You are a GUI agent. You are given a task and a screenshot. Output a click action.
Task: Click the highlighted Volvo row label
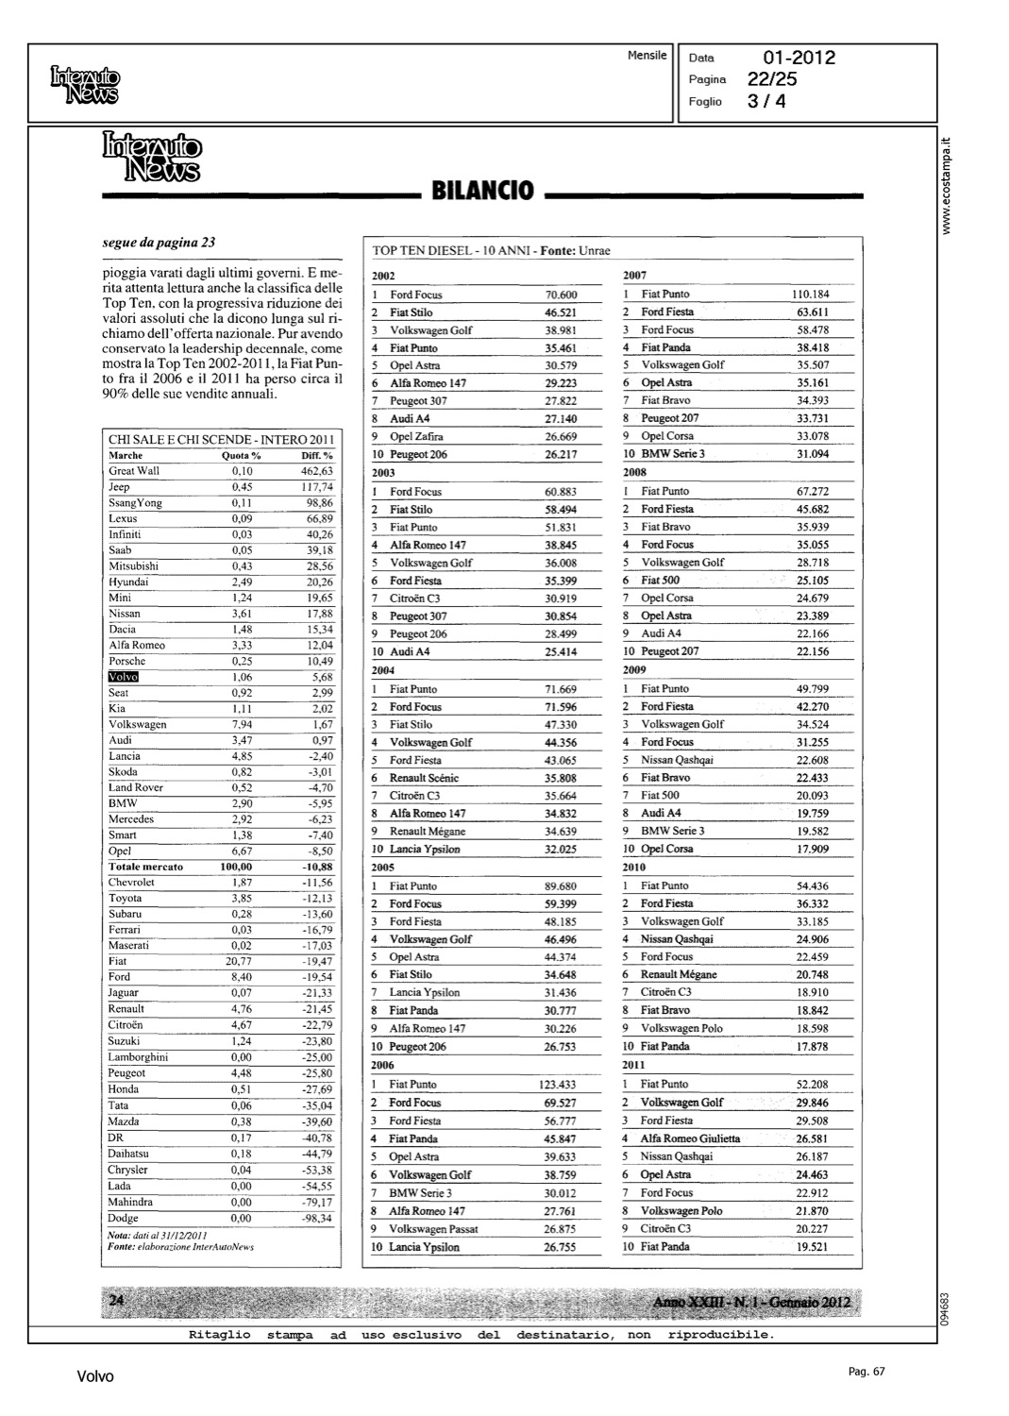pyautogui.click(x=124, y=677)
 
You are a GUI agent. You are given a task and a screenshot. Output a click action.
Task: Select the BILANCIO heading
pyautogui.click(x=482, y=192)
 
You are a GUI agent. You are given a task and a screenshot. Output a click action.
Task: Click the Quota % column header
pyautogui.click(x=241, y=455)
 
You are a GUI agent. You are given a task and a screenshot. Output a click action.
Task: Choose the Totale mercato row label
pyautogui.click(x=146, y=867)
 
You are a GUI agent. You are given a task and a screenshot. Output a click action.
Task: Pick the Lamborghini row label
pyautogui.click(x=138, y=1057)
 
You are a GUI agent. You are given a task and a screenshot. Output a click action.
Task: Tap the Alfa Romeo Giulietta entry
pyautogui.click(x=690, y=1138)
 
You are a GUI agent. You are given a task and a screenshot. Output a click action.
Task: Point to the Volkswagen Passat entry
pyautogui.click(x=433, y=1229)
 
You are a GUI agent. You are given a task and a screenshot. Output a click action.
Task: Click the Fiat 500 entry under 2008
pyautogui.click(x=660, y=581)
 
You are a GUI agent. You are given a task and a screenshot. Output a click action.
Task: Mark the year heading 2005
pyautogui.click(x=382, y=867)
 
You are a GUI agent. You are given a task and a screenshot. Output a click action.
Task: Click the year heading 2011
pyautogui.click(x=633, y=1065)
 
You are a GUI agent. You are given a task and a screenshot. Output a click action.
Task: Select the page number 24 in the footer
pyautogui.click(x=117, y=1301)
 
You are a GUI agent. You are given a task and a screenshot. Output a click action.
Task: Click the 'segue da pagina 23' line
pyautogui.click(x=159, y=243)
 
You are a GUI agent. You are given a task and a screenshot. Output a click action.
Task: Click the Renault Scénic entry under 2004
pyautogui.click(x=424, y=778)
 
